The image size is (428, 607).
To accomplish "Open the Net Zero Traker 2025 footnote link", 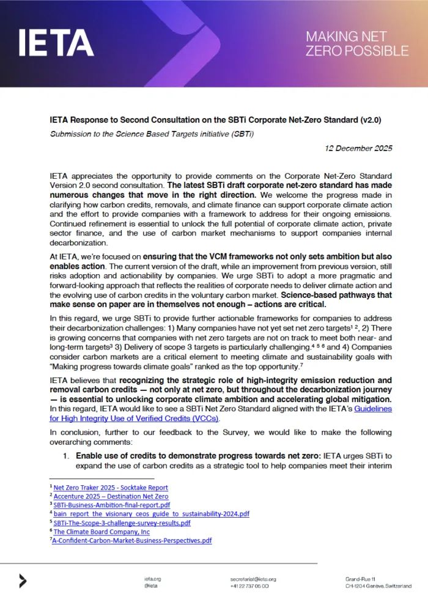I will coord(111,487).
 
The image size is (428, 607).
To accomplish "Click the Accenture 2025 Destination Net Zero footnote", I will coord(111,496).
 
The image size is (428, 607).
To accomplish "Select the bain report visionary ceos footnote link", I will coord(151,514).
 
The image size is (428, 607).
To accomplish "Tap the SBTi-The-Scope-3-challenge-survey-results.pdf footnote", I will coord(122,523).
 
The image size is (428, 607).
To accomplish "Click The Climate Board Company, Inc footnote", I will coord(101,532).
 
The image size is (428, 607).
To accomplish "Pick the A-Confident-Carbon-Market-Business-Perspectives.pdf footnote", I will coord(132,540).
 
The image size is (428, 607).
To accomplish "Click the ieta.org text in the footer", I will coord(152,579).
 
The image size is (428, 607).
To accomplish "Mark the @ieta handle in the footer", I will coord(151,586).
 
